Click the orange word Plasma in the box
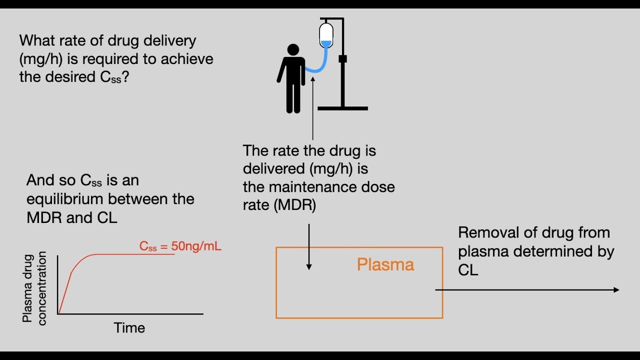tap(385, 264)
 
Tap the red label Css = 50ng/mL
tap(180, 246)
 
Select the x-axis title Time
tap(129, 328)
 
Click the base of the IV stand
tap(342, 108)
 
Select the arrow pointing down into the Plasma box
tap(309, 247)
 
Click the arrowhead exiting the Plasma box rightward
tap(616, 290)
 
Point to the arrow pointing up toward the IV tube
tap(313, 107)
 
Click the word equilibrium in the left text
tap(68, 199)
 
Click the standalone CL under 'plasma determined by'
tap(468, 270)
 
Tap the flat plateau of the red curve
tap(135, 254)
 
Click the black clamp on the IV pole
tap(342, 59)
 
